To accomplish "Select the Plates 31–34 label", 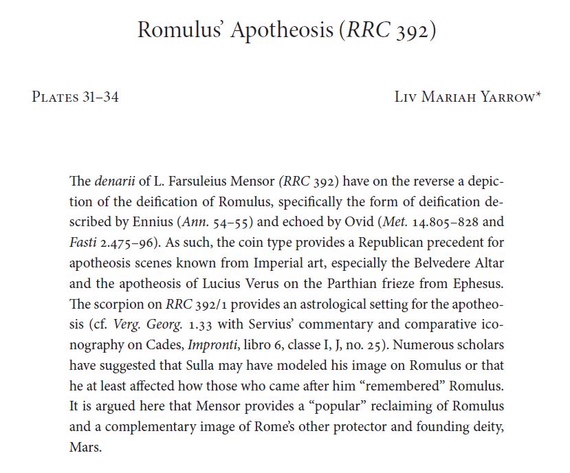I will coord(75,97).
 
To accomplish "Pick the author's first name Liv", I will coord(406,97).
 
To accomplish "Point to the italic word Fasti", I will coord(83,243).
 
